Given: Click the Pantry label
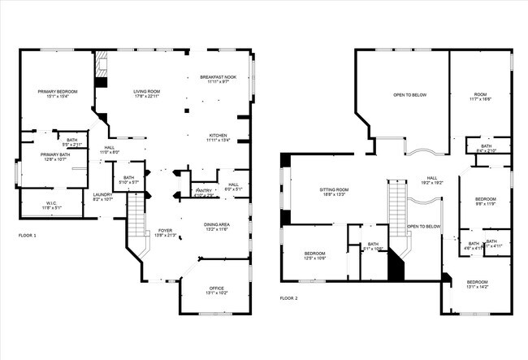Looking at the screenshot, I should (x=203, y=193).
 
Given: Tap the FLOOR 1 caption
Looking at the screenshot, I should (x=27, y=235).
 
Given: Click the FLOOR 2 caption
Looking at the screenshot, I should (x=289, y=298).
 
